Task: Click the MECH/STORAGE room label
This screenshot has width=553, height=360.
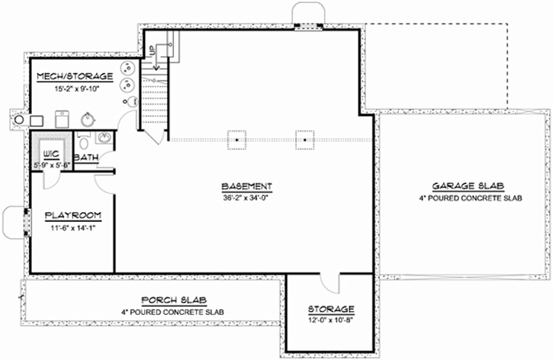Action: click(75, 76)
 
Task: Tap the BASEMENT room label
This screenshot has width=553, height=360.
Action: click(246, 187)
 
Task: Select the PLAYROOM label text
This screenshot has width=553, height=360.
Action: click(69, 215)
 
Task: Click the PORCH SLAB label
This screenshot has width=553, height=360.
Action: click(175, 299)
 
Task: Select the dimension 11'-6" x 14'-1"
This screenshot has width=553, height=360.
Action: click(69, 227)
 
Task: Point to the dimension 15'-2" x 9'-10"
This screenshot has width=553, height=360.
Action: click(75, 88)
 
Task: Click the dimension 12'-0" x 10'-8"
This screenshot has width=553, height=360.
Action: click(331, 321)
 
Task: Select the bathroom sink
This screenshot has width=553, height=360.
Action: click(104, 137)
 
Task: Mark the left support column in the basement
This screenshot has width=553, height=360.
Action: click(238, 140)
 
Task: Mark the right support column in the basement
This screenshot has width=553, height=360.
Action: click(305, 140)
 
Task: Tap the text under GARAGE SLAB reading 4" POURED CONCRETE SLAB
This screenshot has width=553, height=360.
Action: click(468, 198)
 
